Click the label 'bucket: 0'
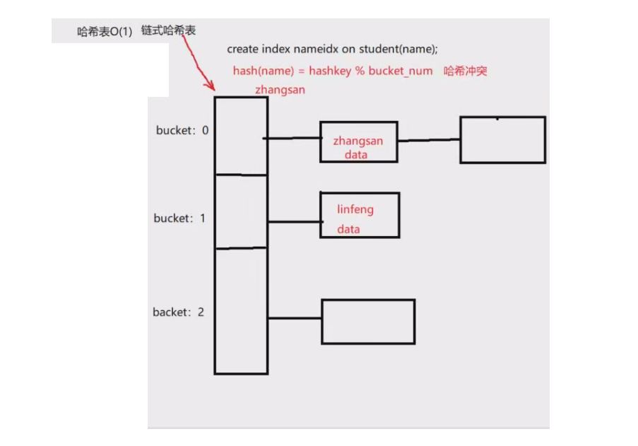click(x=182, y=130)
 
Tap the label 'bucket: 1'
click(x=179, y=218)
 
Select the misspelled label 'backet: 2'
click(x=178, y=312)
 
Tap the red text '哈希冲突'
click(x=466, y=71)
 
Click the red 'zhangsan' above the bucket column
click(x=280, y=90)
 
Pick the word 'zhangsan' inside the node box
click(x=358, y=141)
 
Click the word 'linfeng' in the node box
click(x=355, y=209)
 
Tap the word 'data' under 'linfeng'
click(x=348, y=229)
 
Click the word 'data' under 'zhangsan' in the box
click(x=356, y=154)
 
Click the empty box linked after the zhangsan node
click(x=502, y=140)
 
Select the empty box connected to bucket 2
click(x=367, y=322)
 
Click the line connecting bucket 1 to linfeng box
click(x=294, y=222)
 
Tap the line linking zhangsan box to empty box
click(x=428, y=140)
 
